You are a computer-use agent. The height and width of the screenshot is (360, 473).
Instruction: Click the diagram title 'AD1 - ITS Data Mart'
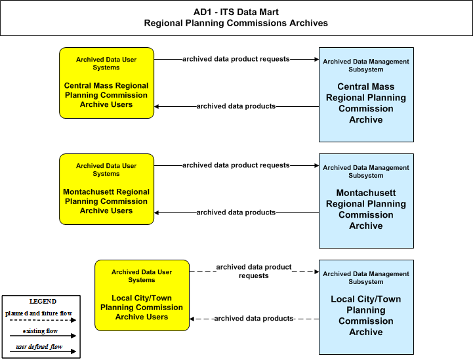tap(236, 12)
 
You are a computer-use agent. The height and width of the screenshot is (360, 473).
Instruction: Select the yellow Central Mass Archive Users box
tap(106, 83)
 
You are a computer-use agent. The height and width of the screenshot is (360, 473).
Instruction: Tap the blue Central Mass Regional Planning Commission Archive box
tap(366, 94)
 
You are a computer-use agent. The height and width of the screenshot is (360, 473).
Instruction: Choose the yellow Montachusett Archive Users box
tap(106, 189)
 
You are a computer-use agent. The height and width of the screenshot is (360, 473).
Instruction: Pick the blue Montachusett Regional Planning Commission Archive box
tap(366, 201)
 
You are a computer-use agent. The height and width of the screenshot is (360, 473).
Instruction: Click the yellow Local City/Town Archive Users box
tap(142, 295)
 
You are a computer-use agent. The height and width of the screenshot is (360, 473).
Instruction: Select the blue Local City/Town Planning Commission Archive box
tap(366, 307)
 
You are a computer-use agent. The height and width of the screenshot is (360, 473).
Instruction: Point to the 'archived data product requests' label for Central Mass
tap(236, 59)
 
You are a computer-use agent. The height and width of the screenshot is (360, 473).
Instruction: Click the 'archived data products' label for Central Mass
tap(236, 106)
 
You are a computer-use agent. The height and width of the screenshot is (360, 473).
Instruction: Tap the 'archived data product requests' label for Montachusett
tap(236, 165)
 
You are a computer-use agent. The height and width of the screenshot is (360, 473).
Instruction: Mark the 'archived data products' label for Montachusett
tap(236, 212)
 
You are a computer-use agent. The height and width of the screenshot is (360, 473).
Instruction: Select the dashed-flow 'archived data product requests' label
tap(254, 271)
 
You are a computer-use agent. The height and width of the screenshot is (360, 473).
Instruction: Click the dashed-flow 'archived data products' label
tap(254, 319)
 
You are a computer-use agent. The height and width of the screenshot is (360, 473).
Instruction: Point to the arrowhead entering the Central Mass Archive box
tap(317, 60)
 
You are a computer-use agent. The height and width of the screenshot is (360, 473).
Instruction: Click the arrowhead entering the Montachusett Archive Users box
tap(157, 212)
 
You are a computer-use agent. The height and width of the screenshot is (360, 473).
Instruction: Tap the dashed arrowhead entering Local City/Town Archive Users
tap(192, 319)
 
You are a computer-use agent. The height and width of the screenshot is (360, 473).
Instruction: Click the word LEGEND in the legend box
tap(43, 302)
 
